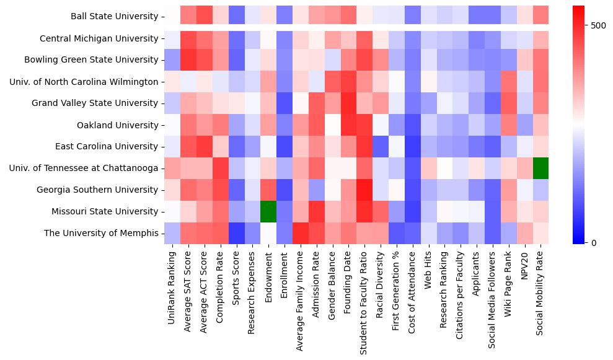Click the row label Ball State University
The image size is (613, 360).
[x=114, y=16]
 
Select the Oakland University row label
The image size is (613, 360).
[x=117, y=125]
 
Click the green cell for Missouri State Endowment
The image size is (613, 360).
[x=268, y=211]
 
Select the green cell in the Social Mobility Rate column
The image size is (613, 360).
[x=540, y=168]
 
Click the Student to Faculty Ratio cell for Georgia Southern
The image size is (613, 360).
[x=365, y=190]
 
